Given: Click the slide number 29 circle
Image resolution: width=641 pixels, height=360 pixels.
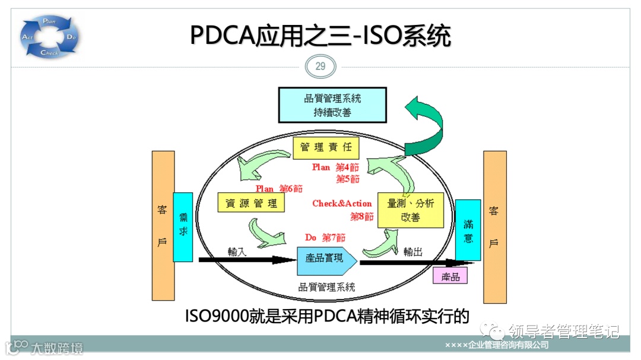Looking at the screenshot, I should tap(320, 66).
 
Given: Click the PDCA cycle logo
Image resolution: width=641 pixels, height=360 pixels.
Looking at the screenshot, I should tap(50, 37).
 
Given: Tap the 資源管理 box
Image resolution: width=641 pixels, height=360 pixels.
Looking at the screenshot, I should tap(251, 203).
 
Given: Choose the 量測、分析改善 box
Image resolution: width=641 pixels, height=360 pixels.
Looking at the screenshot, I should tap(411, 210).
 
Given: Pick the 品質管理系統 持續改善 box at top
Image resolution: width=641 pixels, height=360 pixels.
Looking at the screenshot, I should tap(332, 104).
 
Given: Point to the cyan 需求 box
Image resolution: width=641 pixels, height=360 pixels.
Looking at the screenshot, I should tap(183, 227).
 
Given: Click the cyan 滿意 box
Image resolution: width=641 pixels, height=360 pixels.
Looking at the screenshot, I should tap(468, 230).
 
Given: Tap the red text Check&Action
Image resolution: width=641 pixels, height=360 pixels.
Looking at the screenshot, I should tap(342, 203).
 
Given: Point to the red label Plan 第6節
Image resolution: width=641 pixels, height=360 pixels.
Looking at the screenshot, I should tap(279, 188).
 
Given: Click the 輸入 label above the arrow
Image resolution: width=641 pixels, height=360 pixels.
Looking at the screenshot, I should tap(237, 251).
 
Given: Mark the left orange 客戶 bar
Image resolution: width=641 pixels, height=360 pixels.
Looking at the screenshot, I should tap(163, 225).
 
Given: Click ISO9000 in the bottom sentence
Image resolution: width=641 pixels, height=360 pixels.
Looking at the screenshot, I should tap(217, 316).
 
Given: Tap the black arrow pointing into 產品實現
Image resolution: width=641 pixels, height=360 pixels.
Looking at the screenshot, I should tap(243, 260).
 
